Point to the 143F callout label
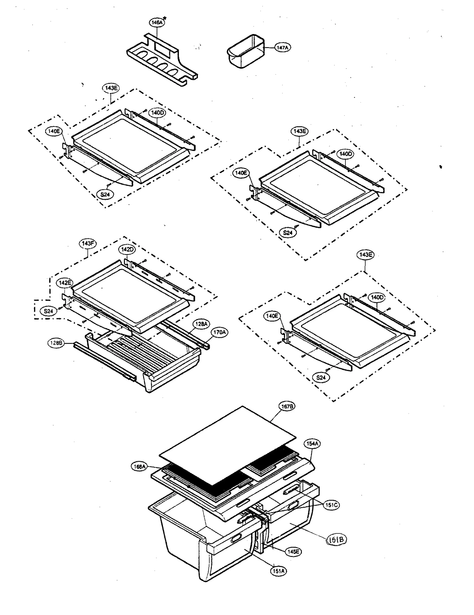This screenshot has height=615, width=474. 88,244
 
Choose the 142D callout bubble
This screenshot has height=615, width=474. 127,250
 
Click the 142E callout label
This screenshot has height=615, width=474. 65,283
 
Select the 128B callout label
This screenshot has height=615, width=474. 56,343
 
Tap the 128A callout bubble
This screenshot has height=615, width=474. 201,324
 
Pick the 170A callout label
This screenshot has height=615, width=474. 220,333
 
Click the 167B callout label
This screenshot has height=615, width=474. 287,407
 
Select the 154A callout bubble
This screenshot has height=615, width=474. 312,444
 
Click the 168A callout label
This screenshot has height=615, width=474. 139,467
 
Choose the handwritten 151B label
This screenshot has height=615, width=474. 336,540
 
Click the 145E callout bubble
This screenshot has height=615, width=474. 293,552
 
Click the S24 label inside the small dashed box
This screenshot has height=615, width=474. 48,311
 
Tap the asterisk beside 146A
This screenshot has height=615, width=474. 164,19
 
